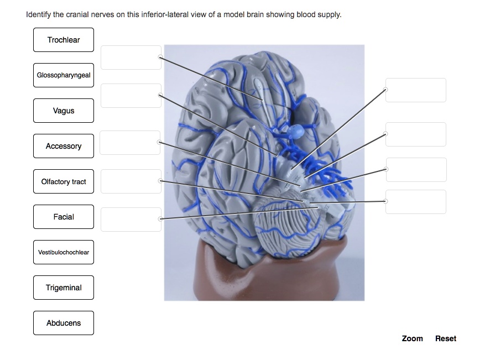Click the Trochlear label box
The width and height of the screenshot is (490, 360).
pos(64,40)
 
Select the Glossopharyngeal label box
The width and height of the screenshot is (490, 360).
pos(64,75)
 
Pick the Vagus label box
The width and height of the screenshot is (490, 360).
pos(64,111)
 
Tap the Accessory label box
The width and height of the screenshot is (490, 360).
pos(64,146)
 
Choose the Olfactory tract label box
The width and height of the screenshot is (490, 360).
pos(64,181)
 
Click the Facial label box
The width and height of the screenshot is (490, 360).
pos(64,217)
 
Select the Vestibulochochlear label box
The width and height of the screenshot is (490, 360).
pos(64,252)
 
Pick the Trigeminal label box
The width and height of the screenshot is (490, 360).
pos(64,288)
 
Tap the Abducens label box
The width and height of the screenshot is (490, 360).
pos(64,323)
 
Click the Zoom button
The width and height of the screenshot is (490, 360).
pos(412,338)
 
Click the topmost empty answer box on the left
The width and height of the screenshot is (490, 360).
pos(131,58)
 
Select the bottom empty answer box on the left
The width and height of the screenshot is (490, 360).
pos(131,220)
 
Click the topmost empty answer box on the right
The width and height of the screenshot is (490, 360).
pos(416,90)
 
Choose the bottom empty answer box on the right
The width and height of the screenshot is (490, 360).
pos(416,202)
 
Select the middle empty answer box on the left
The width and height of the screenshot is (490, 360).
pos(130,143)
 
